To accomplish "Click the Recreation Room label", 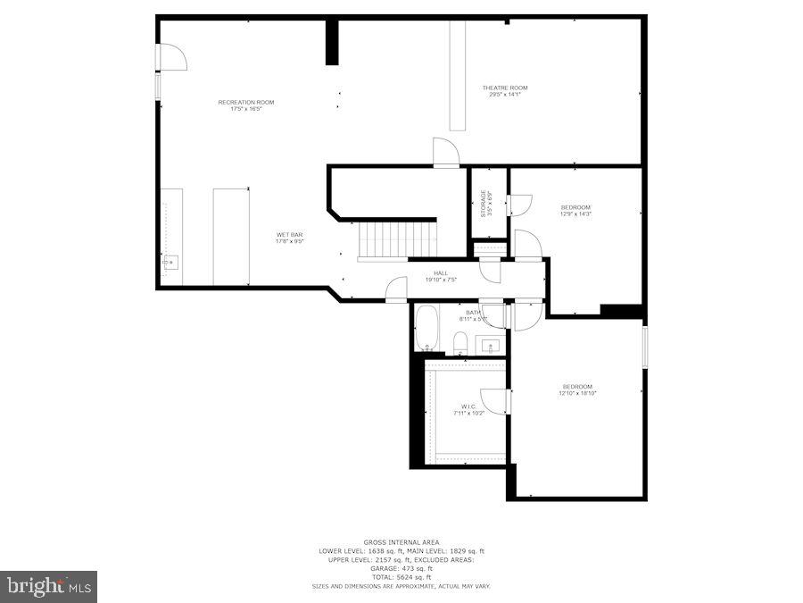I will [x=246, y=105].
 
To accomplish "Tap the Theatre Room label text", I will [x=505, y=90].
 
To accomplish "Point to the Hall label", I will [x=441, y=276].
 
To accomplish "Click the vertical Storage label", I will [x=484, y=203].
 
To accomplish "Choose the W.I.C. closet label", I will [x=468, y=410].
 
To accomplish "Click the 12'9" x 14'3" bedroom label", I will [x=575, y=211].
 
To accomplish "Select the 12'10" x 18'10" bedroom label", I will [x=576, y=389].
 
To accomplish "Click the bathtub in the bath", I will [x=426, y=329].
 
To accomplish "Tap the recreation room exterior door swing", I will [x=172, y=56].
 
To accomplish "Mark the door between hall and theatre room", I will [x=445, y=152].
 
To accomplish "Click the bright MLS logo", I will [x=48, y=587].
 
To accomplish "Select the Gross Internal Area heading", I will [x=401, y=542].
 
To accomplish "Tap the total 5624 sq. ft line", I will [x=401, y=576].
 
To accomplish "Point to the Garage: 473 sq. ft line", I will [x=401, y=568].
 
